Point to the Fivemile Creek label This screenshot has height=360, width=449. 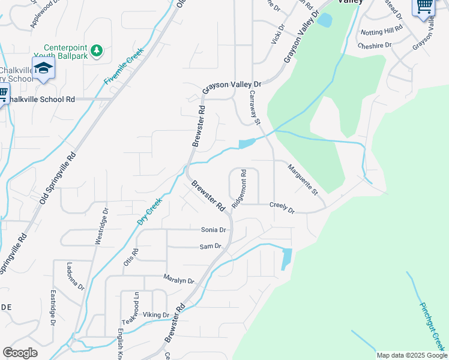pyautogui.click(x=123, y=65)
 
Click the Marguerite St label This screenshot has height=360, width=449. pyautogui.click(x=302, y=180)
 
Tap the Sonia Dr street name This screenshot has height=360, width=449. pyautogui.click(x=213, y=230)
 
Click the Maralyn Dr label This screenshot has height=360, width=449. pyautogui.click(x=179, y=280)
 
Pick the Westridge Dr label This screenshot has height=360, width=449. pyautogui.click(x=101, y=226)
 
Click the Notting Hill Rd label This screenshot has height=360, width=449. pyautogui.click(x=381, y=30)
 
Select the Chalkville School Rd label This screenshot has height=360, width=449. pyautogui.click(x=40, y=100)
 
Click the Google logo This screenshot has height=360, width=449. pyautogui.click(x=20, y=353)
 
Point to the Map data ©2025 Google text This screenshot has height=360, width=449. pyautogui.click(x=411, y=355)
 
